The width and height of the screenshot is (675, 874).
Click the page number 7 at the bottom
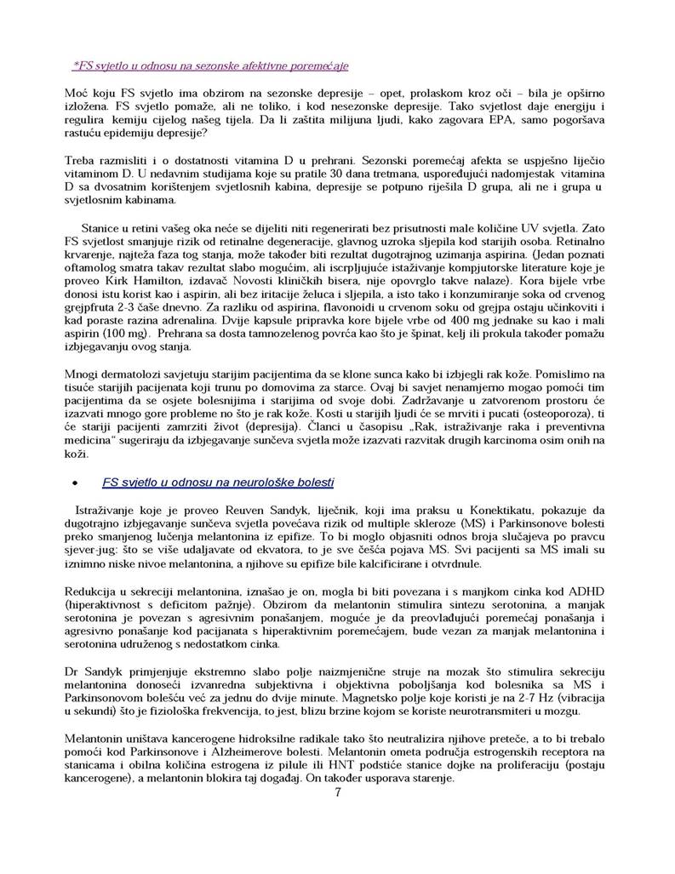click(x=338, y=792)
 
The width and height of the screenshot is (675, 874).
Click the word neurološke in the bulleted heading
click(x=266, y=481)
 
